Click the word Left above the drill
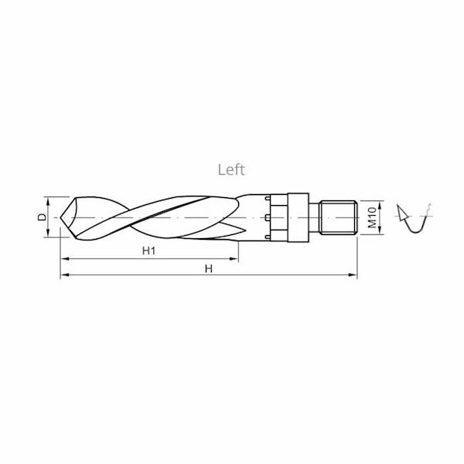coord(230,170)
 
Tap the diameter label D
coord(42,218)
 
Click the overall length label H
coord(208,268)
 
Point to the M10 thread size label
coord(371,217)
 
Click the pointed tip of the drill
coord(62,218)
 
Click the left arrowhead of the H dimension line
coord(64,275)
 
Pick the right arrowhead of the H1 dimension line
coord(234,258)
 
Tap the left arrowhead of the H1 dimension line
coord(64,258)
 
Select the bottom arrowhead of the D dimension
coord(51,235)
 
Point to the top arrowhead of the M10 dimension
coord(381,203)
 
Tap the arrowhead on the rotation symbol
coord(401,210)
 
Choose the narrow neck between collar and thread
coord(316,217)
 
